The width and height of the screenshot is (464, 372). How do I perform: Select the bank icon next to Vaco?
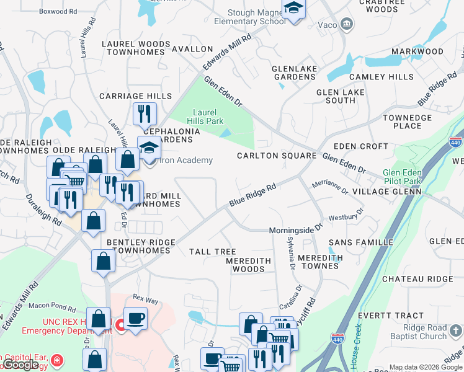347,24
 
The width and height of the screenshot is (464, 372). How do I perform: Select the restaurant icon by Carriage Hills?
144,113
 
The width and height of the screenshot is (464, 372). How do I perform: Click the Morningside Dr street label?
296,230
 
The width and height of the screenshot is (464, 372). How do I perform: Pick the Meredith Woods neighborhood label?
249,265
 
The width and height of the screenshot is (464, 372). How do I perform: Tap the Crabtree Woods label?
386,6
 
